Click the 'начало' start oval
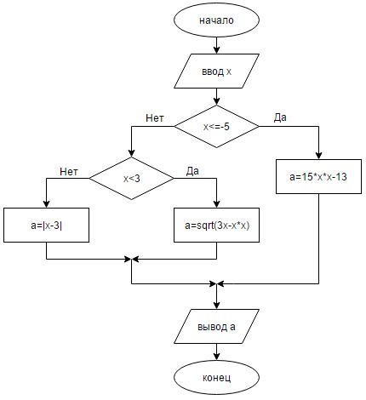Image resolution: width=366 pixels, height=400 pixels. pos(216,20)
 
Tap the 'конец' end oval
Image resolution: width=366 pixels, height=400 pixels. pos(216,378)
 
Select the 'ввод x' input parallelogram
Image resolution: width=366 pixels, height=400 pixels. pos(216,71)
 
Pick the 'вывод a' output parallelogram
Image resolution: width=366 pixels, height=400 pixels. pos(216,327)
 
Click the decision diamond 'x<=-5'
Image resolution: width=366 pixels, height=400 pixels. pos(216,127)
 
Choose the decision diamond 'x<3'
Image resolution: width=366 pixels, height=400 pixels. pos(131,178)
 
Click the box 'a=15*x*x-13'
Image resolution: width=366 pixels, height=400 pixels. pos(318,176)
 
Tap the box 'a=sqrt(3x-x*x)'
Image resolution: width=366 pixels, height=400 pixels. pos(216,226)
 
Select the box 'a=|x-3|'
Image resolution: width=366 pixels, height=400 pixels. pos(46,226)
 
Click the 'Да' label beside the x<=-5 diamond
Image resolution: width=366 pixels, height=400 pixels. pos(280,117)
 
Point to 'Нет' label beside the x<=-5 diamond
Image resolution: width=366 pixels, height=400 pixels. pos(155,118)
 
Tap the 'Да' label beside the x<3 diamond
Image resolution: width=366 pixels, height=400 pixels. pos(192,171)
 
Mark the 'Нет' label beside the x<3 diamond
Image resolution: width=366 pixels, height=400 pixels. pos(69,171)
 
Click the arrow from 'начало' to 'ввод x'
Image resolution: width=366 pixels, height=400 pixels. pos(216,45)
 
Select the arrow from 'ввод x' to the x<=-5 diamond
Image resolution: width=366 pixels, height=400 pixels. pos(216,97)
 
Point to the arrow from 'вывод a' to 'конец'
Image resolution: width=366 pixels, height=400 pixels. pos(216,352)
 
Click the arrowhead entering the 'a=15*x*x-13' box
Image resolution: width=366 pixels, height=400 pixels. pos(318,156)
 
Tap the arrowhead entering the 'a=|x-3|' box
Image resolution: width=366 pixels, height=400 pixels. pos(46,204)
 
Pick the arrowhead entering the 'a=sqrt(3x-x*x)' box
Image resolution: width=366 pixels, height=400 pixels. pos(216,204)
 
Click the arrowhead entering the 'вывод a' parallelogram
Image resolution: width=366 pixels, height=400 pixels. pos(216,306)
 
